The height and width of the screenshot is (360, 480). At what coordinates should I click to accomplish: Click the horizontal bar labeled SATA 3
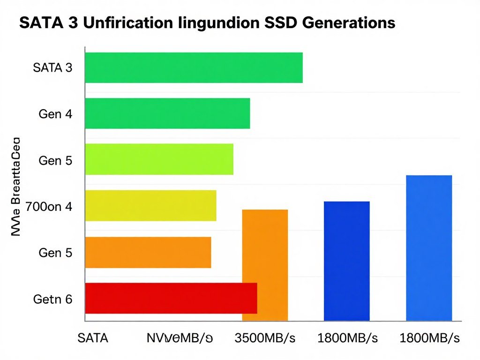(x=194, y=67)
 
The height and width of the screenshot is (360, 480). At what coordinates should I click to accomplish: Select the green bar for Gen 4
(x=167, y=113)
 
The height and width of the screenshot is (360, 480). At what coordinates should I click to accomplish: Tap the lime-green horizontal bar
(x=159, y=159)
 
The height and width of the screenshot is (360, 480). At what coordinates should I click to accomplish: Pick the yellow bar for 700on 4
(x=150, y=206)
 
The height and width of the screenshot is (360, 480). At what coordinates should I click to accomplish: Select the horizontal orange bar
(x=148, y=252)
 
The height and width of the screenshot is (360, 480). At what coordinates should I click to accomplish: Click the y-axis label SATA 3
(x=53, y=68)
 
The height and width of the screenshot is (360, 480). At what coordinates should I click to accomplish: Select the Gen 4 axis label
(x=55, y=114)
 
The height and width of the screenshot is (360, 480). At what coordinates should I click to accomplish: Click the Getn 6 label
(x=53, y=299)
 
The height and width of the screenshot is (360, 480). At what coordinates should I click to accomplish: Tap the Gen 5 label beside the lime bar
(x=55, y=160)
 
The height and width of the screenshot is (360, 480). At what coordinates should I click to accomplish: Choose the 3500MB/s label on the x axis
(x=264, y=338)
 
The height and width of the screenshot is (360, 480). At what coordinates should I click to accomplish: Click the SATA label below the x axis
(x=93, y=338)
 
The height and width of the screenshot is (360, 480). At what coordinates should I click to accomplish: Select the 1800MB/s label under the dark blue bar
(x=346, y=338)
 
